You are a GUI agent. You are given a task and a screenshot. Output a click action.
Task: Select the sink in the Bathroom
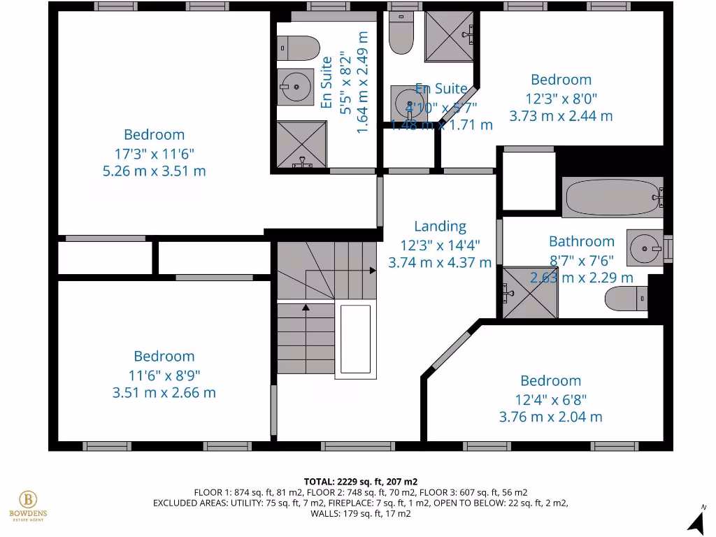(x=646, y=247)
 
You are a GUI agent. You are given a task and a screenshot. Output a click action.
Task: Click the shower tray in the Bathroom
(x=531, y=292)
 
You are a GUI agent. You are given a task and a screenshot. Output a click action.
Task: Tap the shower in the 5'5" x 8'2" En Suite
(x=301, y=145)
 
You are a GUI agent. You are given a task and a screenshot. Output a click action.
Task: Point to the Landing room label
(x=440, y=226)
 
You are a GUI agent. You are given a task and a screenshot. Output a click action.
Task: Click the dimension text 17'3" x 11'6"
(x=155, y=152)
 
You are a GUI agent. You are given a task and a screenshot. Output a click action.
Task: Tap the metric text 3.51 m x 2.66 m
(x=164, y=392)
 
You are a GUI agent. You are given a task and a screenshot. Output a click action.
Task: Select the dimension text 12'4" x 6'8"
(x=550, y=399)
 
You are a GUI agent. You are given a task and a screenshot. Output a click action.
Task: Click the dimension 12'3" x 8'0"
(x=561, y=99)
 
